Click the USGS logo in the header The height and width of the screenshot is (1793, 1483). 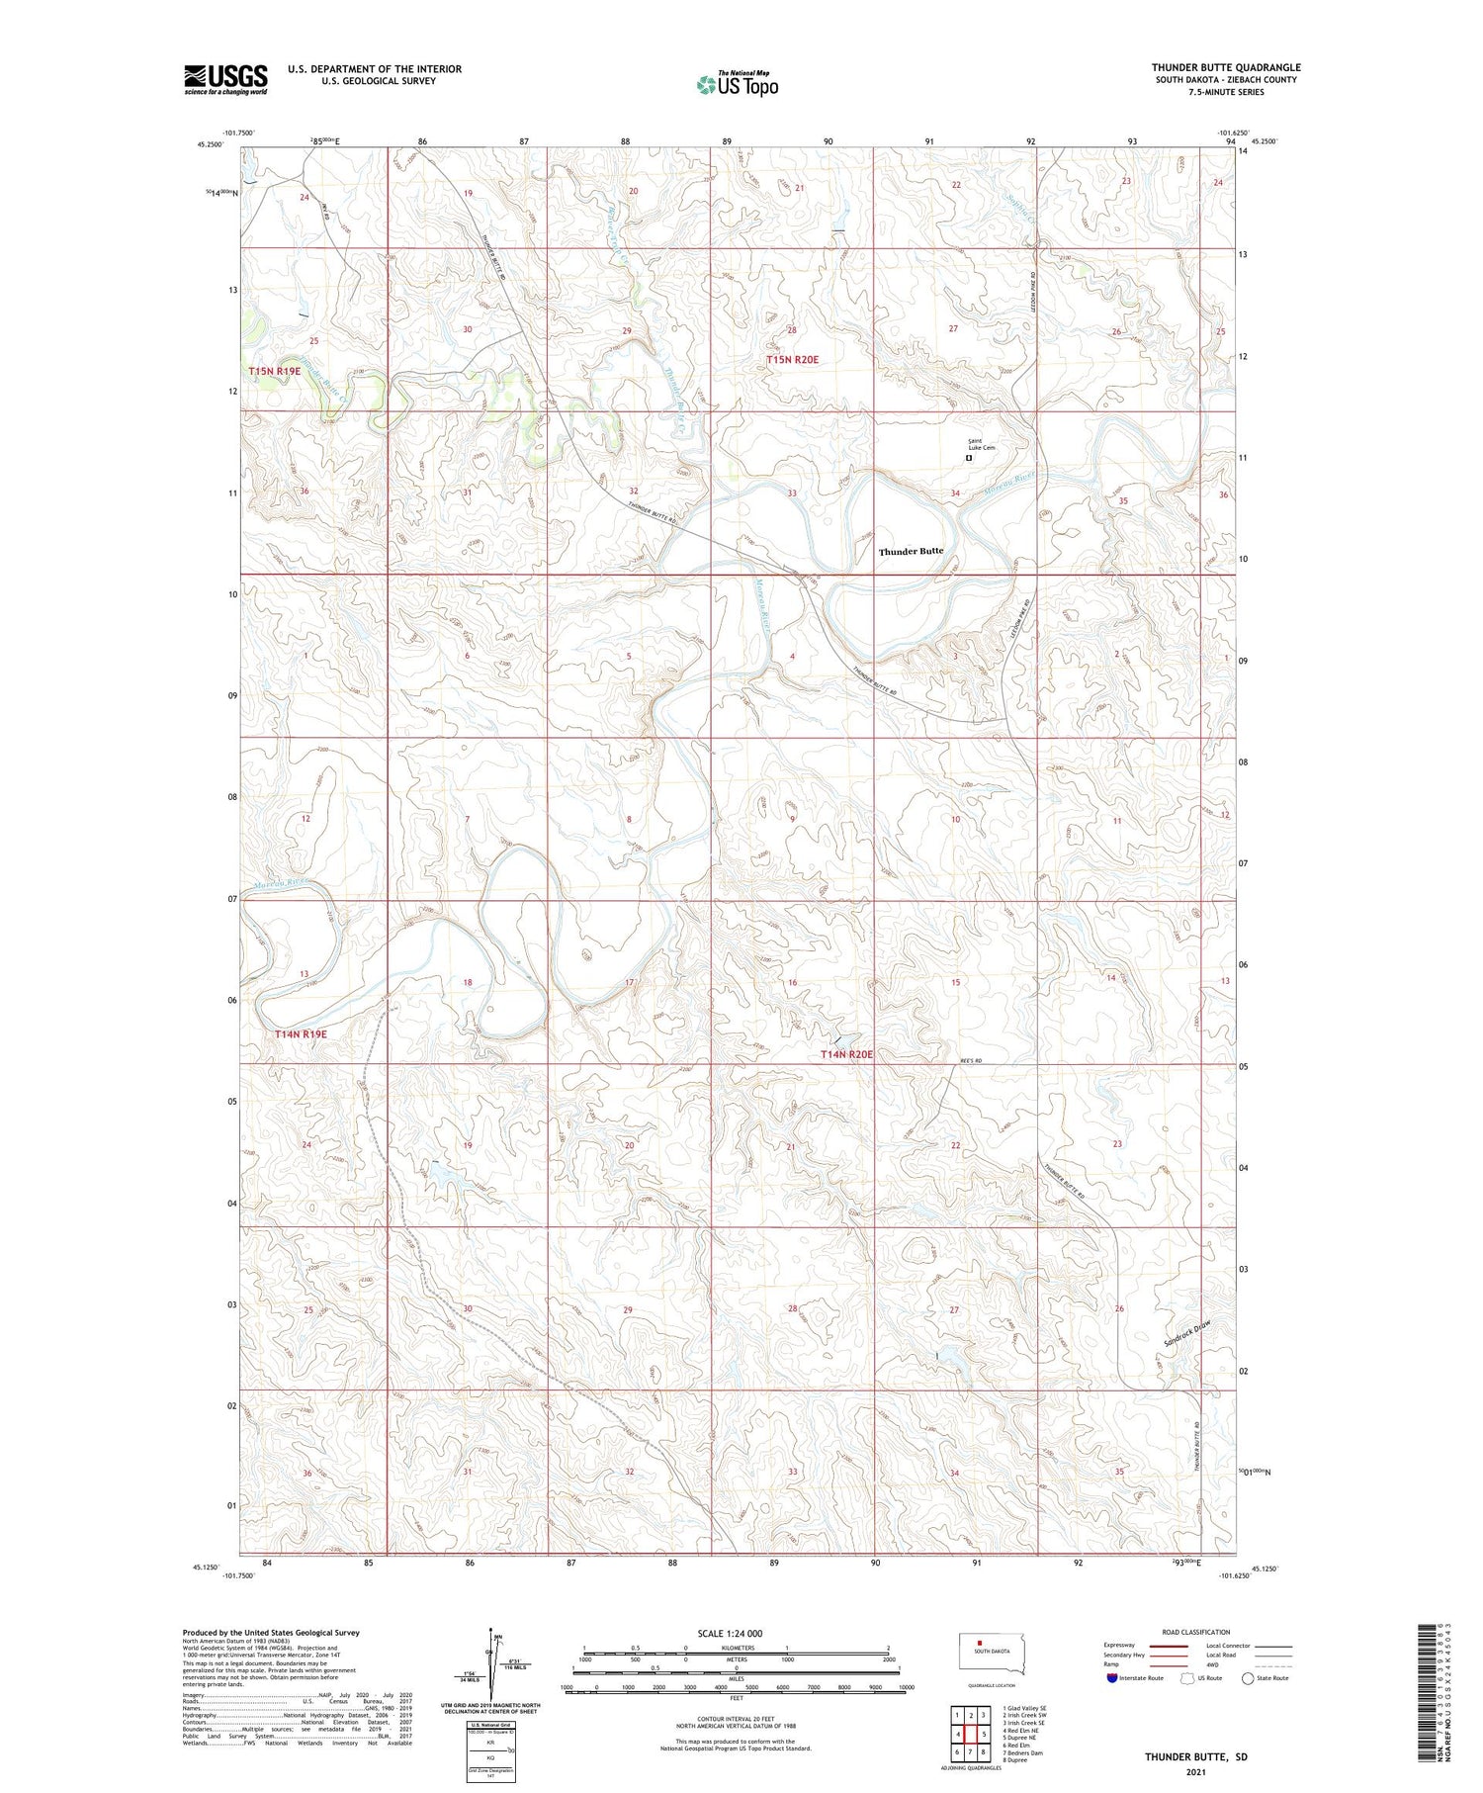click(x=225, y=79)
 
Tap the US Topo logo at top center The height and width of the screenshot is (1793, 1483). click(x=737, y=84)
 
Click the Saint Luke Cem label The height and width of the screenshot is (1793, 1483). click(x=981, y=444)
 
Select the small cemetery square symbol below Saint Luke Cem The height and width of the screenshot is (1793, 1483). click(x=969, y=458)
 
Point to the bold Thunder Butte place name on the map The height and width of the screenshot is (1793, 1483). click(x=911, y=551)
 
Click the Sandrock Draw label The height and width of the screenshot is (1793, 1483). click(x=1186, y=1336)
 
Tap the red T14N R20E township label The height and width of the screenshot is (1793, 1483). click(x=846, y=1054)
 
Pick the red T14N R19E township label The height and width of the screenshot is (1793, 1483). click(x=301, y=1033)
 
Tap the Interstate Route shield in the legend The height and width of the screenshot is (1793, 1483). click(x=1112, y=1678)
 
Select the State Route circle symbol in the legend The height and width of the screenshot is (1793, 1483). click(x=1249, y=1678)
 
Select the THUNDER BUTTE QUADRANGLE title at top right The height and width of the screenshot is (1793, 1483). click(x=1226, y=67)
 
